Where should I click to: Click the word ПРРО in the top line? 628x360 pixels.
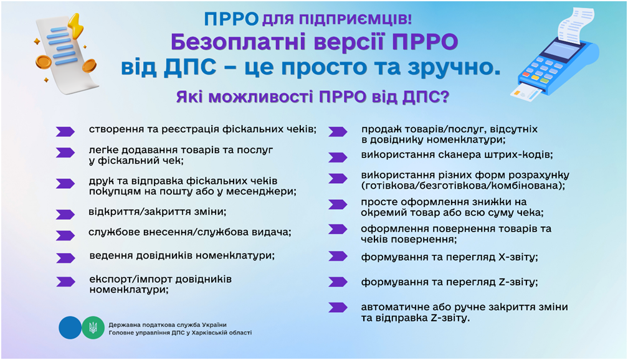[231, 19]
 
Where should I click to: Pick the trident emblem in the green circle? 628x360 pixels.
[93, 328]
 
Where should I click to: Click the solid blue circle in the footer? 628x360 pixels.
[70, 328]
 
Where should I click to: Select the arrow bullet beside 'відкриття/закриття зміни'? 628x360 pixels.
[65, 214]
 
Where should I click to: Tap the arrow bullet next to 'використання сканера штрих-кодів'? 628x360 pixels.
[338, 158]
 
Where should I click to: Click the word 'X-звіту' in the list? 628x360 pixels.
[518, 257]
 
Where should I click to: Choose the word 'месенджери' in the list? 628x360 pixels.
[261, 191]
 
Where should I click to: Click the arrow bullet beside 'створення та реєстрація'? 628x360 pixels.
[65, 131]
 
